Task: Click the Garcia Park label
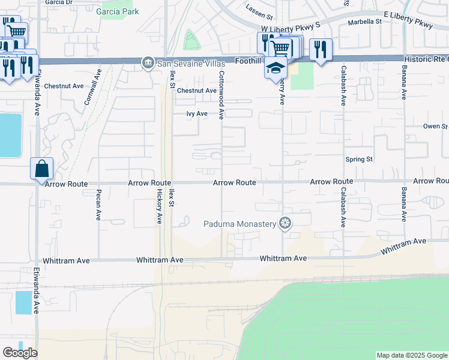point(120,11)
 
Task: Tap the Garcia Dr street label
point(59,2)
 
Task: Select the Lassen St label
point(259,8)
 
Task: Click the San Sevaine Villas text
point(191,63)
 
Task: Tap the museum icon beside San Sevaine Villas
point(148,63)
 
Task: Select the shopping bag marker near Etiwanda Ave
point(42,169)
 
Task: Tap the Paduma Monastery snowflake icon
point(286,224)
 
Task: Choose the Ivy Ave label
point(197,113)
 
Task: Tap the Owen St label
point(435,127)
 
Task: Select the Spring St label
point(359,160)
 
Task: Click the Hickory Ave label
point(160,208)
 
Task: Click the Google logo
point(20,353)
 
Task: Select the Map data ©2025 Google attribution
point(412,355)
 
